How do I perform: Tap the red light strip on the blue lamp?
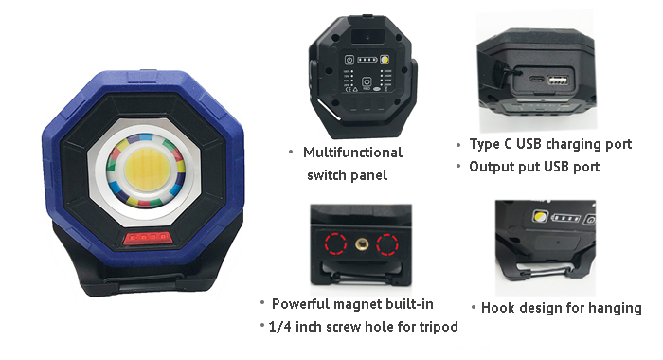147,238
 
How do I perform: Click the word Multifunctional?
352,153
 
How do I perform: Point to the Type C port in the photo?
536,80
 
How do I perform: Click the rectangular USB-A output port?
558,81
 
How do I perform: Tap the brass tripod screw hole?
361,243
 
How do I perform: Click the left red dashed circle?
335,243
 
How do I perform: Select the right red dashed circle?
387,244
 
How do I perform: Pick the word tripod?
439,327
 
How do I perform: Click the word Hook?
498,308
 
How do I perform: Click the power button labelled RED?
367,81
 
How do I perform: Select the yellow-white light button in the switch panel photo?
385,60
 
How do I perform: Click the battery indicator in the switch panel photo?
367,60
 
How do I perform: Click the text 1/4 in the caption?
279,327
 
